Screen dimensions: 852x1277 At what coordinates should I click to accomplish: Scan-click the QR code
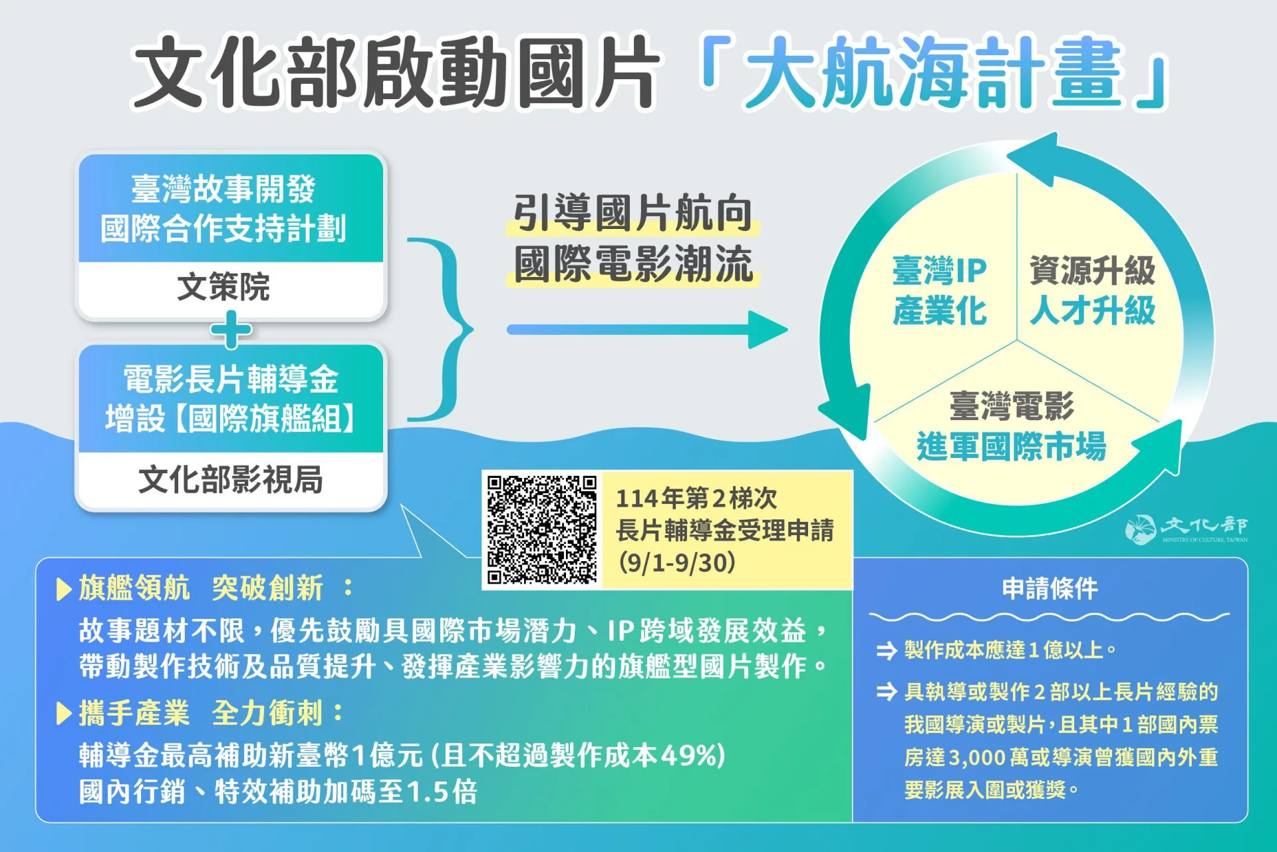point(541,529)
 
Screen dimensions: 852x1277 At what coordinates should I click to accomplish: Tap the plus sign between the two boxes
point(231,331)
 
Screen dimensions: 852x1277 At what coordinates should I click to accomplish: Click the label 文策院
point(223,287)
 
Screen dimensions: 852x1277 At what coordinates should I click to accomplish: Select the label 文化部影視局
point(230,479)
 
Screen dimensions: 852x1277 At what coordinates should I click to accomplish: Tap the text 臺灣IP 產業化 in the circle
point(939,290)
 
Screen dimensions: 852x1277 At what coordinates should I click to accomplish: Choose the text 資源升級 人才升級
point(1092,290)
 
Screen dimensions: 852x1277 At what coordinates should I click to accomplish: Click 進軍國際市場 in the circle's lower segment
point(1011,447)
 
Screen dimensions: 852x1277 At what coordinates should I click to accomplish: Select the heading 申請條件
point(1050,588)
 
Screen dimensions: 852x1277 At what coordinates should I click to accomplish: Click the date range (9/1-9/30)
point(677,563)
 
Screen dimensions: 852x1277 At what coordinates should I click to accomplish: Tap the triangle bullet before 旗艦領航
point(65,589)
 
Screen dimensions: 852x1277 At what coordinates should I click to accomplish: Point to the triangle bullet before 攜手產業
point(65,714)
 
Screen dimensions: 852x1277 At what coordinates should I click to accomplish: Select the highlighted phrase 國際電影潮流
point(633,264)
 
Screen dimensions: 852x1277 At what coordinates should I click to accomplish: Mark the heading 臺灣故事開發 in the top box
point(223,189)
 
